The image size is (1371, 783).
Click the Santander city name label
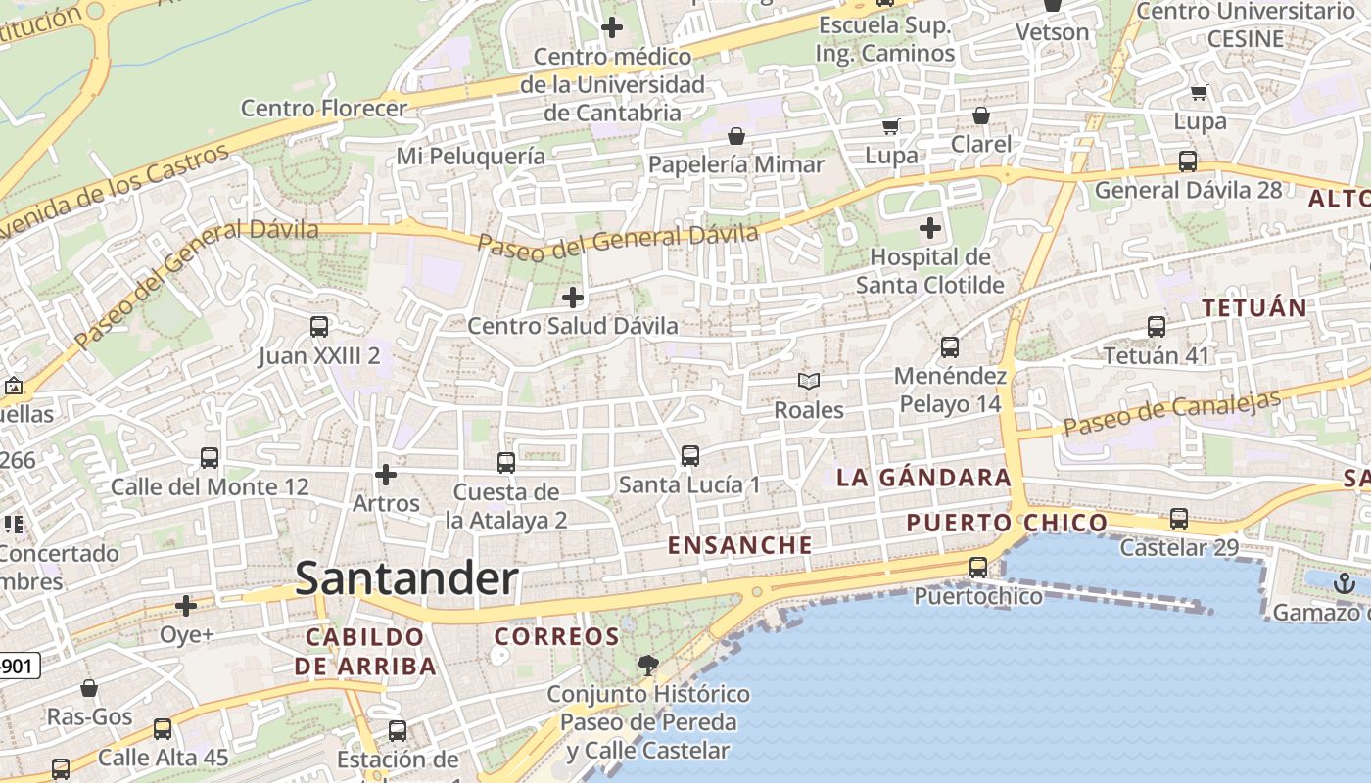coord(406,578)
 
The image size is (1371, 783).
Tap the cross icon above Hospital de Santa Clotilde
coord(929,229)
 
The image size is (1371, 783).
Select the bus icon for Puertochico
coord(977,567)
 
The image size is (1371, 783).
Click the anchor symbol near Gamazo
coord(1345,584)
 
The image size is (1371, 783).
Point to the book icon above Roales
coord(808,381)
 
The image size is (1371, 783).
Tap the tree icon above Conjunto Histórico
coord(647,667)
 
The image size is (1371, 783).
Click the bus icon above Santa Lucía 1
coord(689,455)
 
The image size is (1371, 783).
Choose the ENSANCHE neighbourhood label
coord(739,545)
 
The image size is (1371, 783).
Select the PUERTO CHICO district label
coord(1006,523)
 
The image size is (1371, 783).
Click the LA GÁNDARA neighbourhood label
coord(922,478)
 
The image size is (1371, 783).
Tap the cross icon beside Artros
coord(386,475)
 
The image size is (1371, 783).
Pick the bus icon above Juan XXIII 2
coord(319,327)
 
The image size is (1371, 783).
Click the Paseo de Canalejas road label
coord(1172,414)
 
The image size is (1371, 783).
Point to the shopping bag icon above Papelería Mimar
coord(736,135)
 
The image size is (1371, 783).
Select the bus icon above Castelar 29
coord(1179,519)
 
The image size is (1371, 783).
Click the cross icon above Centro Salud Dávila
coord(573,297)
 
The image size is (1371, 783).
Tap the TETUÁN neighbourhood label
coord(1253,307)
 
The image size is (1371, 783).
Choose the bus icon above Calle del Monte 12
coord(210,457)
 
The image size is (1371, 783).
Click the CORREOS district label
coord(556,636)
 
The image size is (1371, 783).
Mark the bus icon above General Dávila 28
coord(1188,161)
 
